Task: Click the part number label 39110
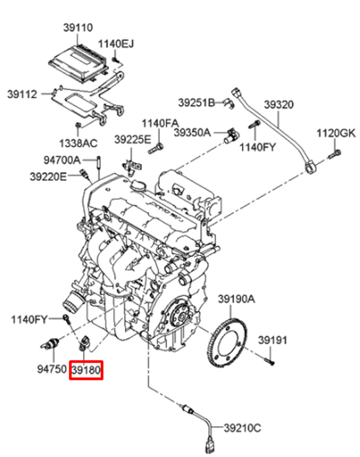click(77, 28)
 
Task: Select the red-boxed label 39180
click(86, 370)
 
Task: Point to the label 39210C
click(242, 427)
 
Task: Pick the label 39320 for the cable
click(279, 105)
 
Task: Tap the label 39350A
click(192, 132)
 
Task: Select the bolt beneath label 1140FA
click(156, 148)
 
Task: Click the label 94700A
click(62, 160)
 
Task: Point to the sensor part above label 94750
click(51, 343)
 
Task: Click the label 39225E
click(132, 140)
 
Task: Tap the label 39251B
click(196, 102)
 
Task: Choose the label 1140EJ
click(116, 44)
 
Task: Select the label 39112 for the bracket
click(22, 94)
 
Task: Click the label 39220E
click(48, 176)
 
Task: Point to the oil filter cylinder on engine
click(72, 301)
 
